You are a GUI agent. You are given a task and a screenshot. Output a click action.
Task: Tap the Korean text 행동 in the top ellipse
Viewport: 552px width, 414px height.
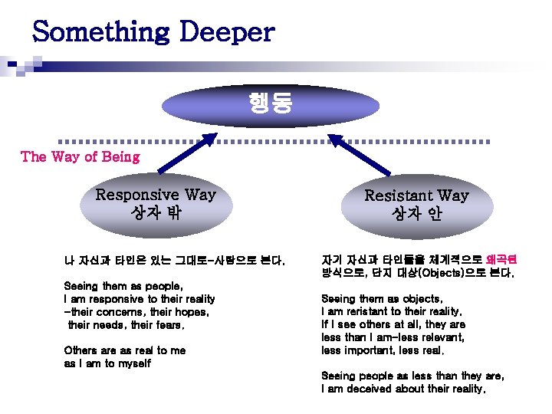pyautogui.click(x=270, y=103)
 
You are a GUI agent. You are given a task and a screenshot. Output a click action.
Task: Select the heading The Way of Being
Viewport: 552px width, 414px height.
pyautogui.click(x=80, y=157)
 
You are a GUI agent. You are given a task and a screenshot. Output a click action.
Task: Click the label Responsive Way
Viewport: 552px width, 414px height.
pyautogui.click(x=156, y=195)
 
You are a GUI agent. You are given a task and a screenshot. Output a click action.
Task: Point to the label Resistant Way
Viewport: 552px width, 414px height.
pyautogui.click(x=416, y=195)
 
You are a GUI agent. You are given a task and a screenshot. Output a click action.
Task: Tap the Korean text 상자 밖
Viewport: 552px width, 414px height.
pyautogui.click(x=155, y=212)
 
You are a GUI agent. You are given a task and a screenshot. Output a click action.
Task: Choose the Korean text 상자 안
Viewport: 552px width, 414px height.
pyautogui.click(x=416, y=212)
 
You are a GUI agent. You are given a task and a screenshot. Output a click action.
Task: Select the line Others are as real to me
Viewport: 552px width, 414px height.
pyautogui.click(x=125, y=350)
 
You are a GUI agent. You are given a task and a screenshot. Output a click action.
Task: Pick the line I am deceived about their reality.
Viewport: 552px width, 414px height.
pyautogui.click(x=403, y=389)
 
